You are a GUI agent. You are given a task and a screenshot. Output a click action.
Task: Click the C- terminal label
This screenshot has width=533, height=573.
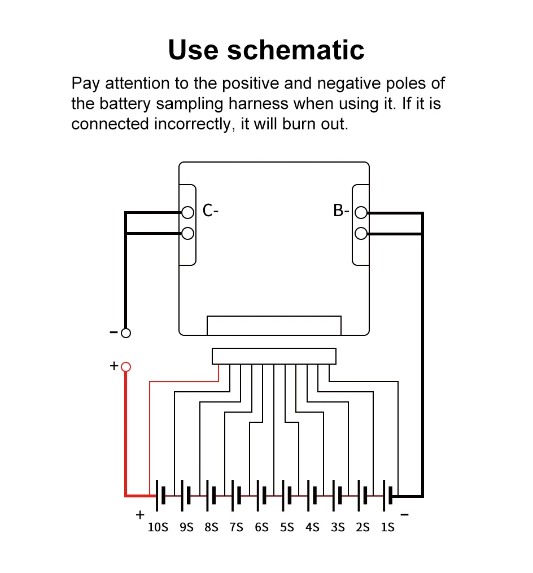point(210,211)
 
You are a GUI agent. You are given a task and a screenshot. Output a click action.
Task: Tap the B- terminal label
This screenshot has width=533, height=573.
point(341,211)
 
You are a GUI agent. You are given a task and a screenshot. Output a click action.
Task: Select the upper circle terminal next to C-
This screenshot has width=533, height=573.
point(188,212)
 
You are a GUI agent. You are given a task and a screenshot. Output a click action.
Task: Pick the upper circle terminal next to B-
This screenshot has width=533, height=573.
point(361,213)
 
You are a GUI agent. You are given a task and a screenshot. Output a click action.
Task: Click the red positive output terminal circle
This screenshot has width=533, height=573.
point(126,367)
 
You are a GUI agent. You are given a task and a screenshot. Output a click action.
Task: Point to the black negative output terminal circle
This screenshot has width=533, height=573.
point(126,333)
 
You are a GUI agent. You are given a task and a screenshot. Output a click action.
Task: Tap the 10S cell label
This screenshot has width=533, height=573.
point(158,527)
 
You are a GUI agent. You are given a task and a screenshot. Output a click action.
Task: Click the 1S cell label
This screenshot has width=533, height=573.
point(387,527)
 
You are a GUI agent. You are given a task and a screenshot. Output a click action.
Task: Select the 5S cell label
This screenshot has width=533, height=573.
point(287,527)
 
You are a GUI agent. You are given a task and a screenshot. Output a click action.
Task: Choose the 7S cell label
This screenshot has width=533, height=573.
point(236,527)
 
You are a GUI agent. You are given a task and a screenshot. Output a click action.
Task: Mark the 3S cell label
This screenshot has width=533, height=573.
point(338,527)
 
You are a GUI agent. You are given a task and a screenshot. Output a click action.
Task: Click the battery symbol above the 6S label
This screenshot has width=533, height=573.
point(261,495)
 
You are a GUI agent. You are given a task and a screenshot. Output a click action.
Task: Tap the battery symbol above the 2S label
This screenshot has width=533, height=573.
point(362,495)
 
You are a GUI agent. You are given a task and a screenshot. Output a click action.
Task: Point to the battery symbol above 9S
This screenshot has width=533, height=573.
point(186,495)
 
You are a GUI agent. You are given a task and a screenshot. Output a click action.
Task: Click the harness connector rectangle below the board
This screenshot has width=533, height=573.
point(274,356)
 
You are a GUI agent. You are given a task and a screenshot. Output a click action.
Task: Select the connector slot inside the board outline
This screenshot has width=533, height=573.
point(274,325)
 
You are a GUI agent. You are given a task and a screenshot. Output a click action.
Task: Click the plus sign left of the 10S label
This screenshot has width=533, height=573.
point(140,515)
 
